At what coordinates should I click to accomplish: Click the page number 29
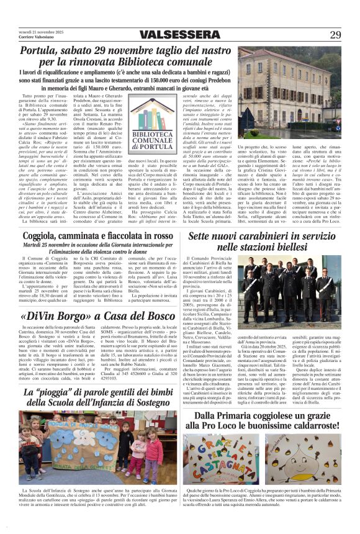pos(335,34)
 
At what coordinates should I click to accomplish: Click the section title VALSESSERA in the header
pos(179,34)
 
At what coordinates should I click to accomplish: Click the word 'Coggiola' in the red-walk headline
pos(43,236)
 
